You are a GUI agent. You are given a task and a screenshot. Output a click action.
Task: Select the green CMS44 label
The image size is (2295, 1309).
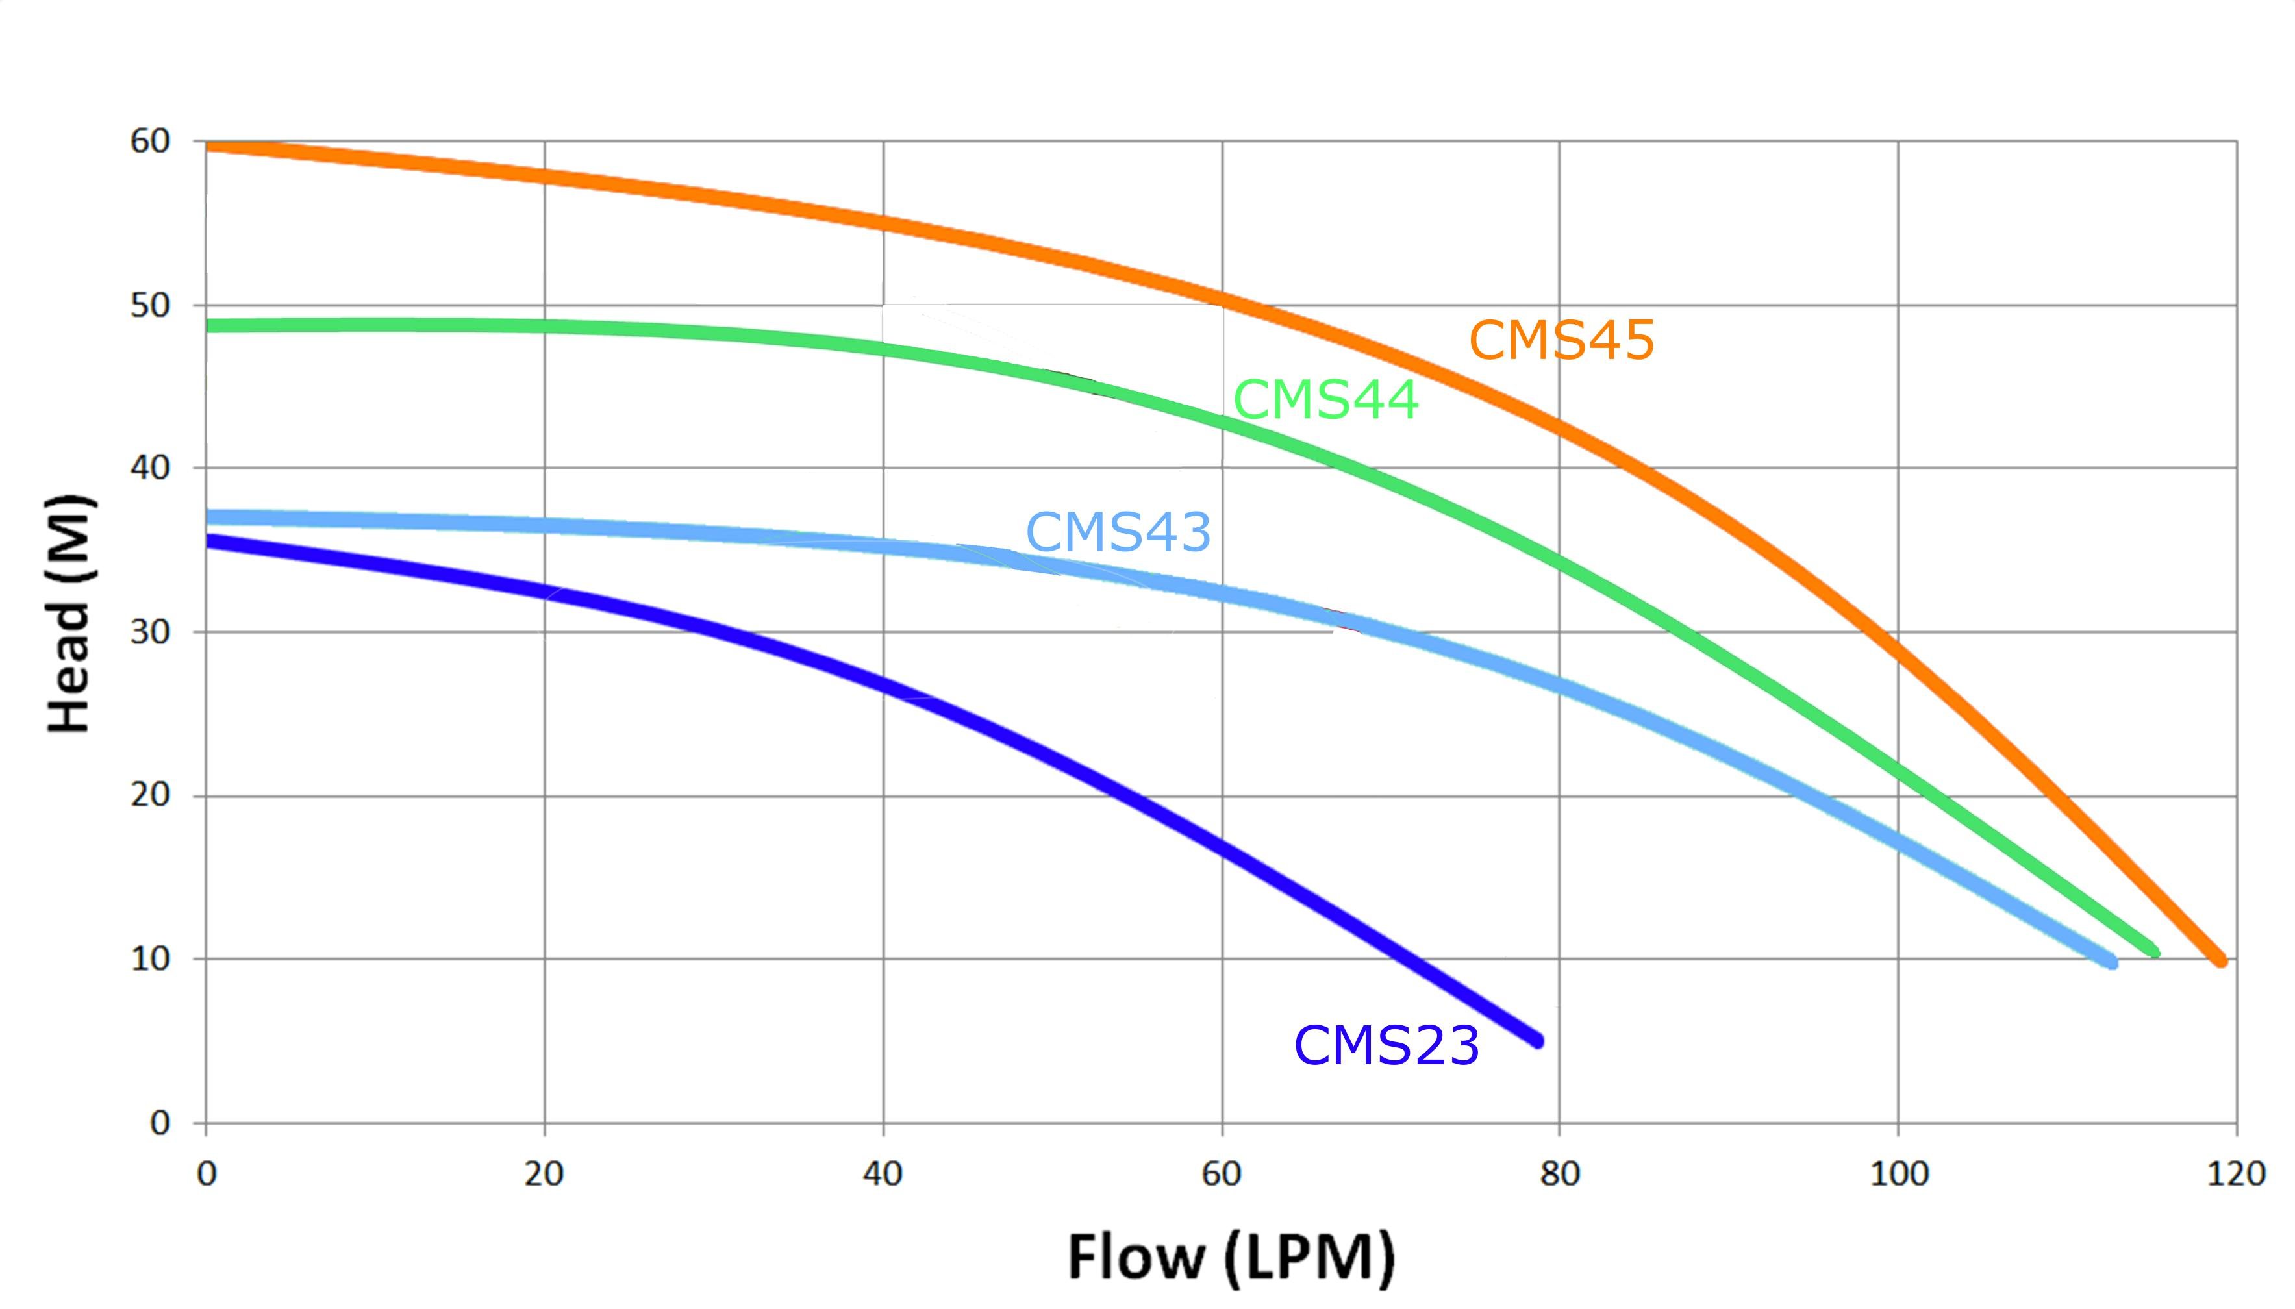pyautogui.click(x=1326, y=400)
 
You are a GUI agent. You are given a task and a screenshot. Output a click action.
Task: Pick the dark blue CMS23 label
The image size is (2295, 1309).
pyautogui.click(x=1386, y=1045)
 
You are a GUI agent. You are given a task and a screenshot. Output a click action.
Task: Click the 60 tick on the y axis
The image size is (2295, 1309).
pyautogui.click(x=149, y=141)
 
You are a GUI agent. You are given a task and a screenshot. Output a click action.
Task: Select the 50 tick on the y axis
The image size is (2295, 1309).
pyautogui.click(x=149, y=306)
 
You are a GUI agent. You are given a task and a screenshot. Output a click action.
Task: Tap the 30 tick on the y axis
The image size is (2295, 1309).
pyautogui.click(x=149, y=632)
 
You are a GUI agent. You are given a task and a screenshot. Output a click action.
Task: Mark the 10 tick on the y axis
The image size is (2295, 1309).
pyautogui.click(x=149, y=959)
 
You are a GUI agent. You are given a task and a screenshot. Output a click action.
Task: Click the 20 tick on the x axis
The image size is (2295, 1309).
pyautogui.click(x=544, y=1174)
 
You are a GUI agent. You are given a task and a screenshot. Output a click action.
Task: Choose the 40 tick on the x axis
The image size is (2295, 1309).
pyautogui.click(x=882, y=1174)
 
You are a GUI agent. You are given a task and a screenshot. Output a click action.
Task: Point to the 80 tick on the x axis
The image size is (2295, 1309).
pyautogui.click(x=1560, y=1174)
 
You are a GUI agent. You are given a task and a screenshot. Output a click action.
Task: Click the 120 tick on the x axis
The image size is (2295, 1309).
pyautogui.click(x=2237, y=1174)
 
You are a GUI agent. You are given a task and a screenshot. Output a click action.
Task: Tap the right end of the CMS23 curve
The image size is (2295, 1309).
pyautogui.click(x=1537, y=1040)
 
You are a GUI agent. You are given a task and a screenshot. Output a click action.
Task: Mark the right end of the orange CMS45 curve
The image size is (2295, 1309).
pyautogui.click(x=2220, y=960)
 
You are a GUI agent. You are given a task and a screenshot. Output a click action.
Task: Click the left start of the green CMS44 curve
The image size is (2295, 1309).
pyautogui.click(x=208, y=325)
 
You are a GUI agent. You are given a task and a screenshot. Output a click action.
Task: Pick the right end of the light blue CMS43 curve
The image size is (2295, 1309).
pyautogui.click(x=2111, y=963)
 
